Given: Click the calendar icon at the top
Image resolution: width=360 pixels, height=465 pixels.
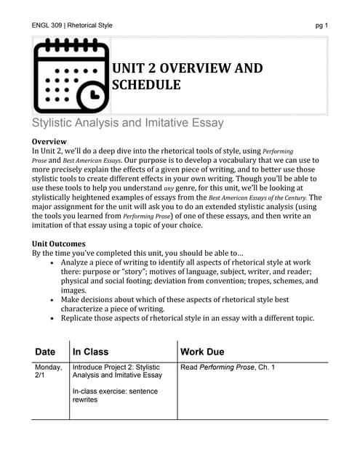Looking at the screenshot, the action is [x=69, y=75].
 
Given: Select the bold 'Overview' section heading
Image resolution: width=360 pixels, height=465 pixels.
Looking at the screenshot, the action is [x=49, y=140].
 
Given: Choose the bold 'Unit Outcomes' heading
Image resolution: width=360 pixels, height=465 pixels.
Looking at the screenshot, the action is [x=59, y=243].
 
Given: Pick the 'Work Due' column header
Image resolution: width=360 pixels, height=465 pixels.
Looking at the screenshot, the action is [x=203, y=352].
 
